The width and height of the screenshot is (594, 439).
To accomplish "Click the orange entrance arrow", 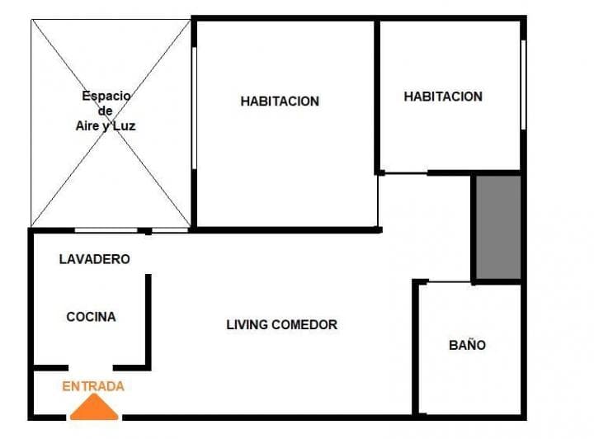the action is point(94,407).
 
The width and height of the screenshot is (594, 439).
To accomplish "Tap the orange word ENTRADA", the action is point(93,386).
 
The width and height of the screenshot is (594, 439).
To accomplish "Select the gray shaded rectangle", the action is point(498,227).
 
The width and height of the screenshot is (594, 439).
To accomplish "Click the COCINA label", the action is point(91,317).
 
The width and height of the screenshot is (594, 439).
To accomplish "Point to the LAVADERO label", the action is point(95,259).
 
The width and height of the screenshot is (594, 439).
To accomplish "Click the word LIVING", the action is point(247,324).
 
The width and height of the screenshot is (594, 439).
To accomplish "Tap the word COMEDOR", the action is point(304,324).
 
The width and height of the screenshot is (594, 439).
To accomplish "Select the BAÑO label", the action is point(468,345).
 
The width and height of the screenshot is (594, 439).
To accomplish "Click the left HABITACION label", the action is point(280,101).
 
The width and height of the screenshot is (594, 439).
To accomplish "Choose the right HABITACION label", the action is point(443,97).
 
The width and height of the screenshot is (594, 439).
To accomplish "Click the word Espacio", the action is point(106,96).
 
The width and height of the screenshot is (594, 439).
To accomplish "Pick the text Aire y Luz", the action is point(106,125).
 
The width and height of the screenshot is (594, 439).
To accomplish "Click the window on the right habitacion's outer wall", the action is point(523,85).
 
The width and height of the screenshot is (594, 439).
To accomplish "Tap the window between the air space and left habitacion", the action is point(194,108).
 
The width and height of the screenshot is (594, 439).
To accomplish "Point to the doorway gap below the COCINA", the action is point(91,368).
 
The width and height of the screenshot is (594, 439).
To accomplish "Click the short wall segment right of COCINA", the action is point(148,322).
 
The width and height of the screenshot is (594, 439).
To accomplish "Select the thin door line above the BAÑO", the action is point(450,282).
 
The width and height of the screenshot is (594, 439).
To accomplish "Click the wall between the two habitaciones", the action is point(377,97).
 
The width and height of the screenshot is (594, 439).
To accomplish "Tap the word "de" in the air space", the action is point(106,111).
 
